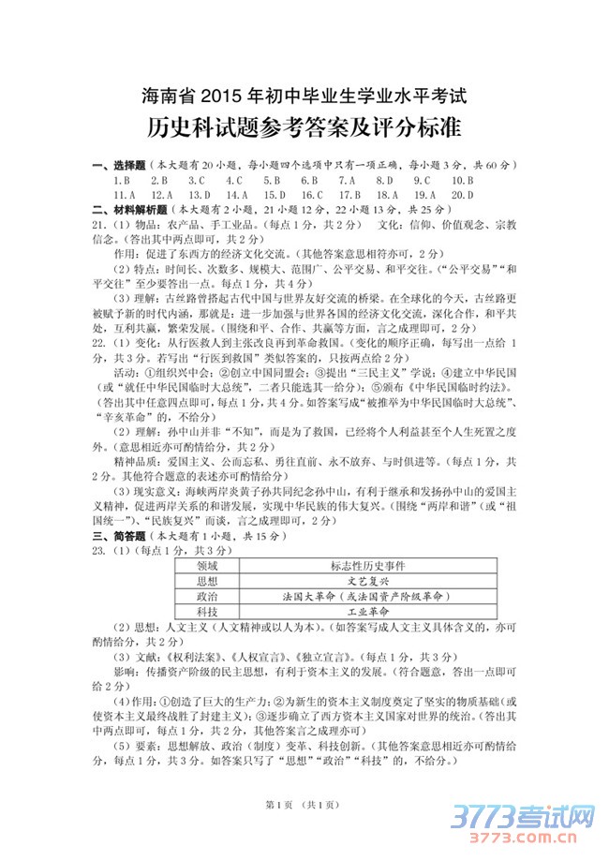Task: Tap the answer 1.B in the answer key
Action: click(120, 180)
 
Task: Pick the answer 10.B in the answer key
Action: click(462, 180)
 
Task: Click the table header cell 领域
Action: click(208, 566)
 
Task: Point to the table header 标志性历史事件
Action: click(368, 566)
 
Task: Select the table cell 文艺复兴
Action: click(368, 581)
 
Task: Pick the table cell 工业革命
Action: click(368, 611)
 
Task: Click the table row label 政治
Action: click(208, 596)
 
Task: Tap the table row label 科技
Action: click(208, 611)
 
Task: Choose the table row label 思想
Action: click(208, 581)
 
